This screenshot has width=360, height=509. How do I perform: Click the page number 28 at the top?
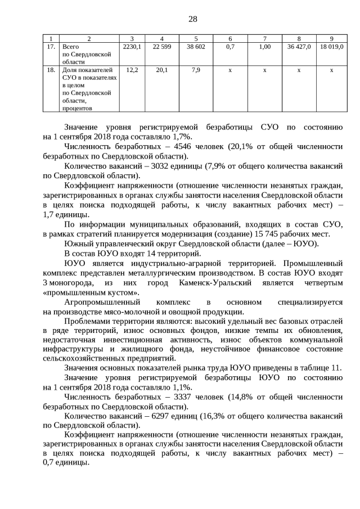click(x=192, y=19)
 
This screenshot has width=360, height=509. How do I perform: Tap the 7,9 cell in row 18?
click(x=196, y=70)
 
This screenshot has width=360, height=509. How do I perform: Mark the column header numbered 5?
click(x=196, y=38)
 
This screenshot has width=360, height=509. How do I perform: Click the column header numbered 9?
click(x=331, y=38)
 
